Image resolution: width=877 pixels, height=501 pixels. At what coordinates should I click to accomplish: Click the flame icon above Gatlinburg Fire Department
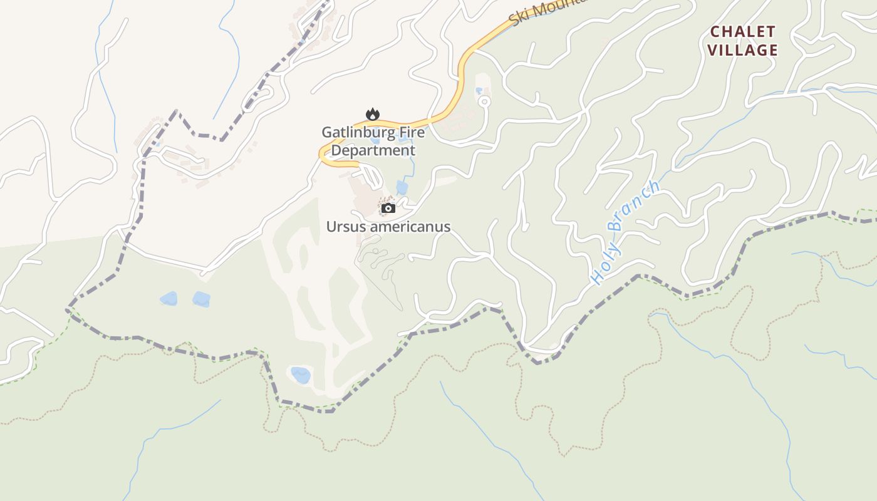pos(373,114)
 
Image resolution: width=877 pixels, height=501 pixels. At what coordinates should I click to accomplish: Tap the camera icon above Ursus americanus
pos(388,208)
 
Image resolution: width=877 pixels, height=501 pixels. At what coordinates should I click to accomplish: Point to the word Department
pos(373,150)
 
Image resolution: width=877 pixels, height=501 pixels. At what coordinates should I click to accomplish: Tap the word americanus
pos(410,227)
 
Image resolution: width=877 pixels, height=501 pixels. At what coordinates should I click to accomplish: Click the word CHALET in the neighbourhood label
pos(743,32)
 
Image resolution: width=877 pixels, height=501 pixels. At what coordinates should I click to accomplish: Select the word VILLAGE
pos(743,50)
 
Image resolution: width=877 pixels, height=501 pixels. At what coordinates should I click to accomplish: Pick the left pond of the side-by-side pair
pos(169,299)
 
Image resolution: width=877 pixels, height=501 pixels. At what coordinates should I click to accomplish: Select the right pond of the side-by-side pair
pos(201,299)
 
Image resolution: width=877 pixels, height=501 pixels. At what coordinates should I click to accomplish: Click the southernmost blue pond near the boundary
pos(301,374)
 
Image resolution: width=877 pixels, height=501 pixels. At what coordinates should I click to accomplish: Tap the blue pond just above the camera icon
pos(402,187)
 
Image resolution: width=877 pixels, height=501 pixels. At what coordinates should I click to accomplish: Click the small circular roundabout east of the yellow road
pos(485,100)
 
